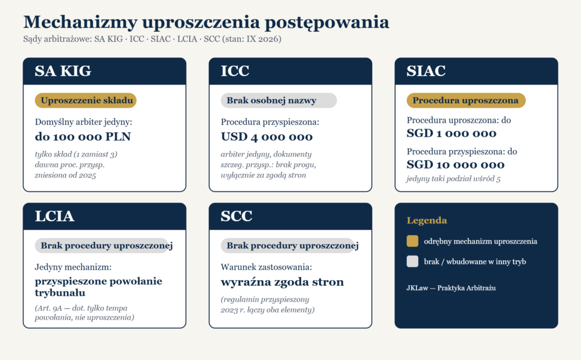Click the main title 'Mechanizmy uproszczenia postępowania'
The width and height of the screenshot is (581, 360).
[206, 22]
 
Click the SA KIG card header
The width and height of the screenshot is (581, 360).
[104, 71]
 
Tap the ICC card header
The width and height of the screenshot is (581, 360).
[290, 71]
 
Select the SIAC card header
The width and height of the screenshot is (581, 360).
[476, 71]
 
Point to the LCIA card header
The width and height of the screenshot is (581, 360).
[104, 217]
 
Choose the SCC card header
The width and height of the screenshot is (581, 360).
[290, 217]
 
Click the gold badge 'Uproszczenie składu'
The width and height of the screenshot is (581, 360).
[86, 100]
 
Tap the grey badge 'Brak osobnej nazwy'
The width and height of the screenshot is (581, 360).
[279, 100]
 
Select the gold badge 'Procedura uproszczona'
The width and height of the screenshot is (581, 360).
[466, 100]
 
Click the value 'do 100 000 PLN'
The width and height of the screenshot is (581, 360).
[83, 137]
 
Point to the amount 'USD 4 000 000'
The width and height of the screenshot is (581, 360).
[267, 137]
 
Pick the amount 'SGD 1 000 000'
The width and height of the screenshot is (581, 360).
[451, 133]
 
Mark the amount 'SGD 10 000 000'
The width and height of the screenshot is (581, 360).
[456, 164]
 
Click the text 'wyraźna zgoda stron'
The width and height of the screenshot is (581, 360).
[283, 282]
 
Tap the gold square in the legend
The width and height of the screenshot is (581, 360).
[412, 241]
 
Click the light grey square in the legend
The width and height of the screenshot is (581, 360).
[412, 261]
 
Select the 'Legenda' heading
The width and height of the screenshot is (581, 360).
[427, 221]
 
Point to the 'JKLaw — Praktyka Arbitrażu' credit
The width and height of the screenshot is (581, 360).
[451, 288]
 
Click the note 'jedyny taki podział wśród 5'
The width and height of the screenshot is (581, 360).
[453, 179]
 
